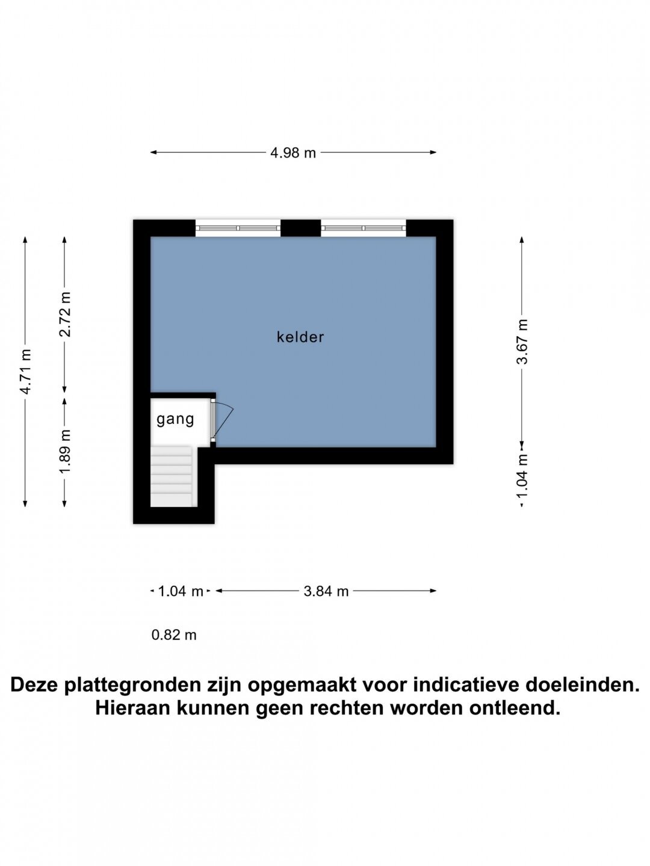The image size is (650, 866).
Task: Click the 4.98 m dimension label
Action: [293, 153]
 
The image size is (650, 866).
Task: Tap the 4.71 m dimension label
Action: [26, 371]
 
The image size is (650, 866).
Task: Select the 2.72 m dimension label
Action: [65, 315]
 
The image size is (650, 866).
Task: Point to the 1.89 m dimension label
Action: [65, 452]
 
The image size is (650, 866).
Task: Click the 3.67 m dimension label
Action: [522, 341]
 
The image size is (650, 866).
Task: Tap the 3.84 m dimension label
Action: [326, 591]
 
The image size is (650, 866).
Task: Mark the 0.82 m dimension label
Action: [174, 635]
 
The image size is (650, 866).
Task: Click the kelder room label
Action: [300, 337]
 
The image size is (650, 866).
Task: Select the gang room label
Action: [175, 419]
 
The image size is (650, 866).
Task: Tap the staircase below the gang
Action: [174, 476]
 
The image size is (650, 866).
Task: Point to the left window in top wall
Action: [238, 228]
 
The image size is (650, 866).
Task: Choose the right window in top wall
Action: [364, 228]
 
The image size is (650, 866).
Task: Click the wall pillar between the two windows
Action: [301, 228]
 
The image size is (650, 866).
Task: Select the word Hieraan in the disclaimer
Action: [132, 709]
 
